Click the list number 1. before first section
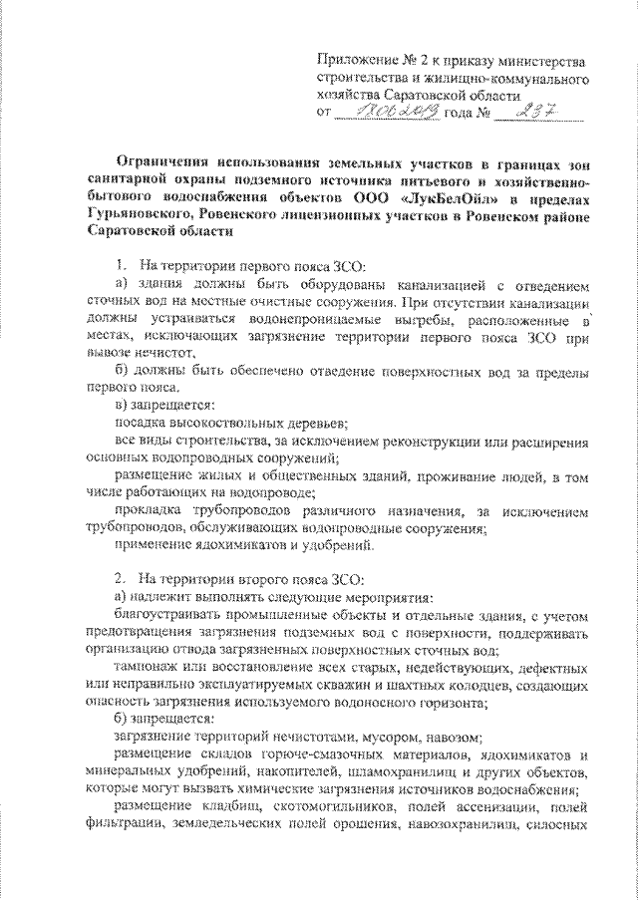pos(119,264)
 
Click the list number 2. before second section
pos(119,577)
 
